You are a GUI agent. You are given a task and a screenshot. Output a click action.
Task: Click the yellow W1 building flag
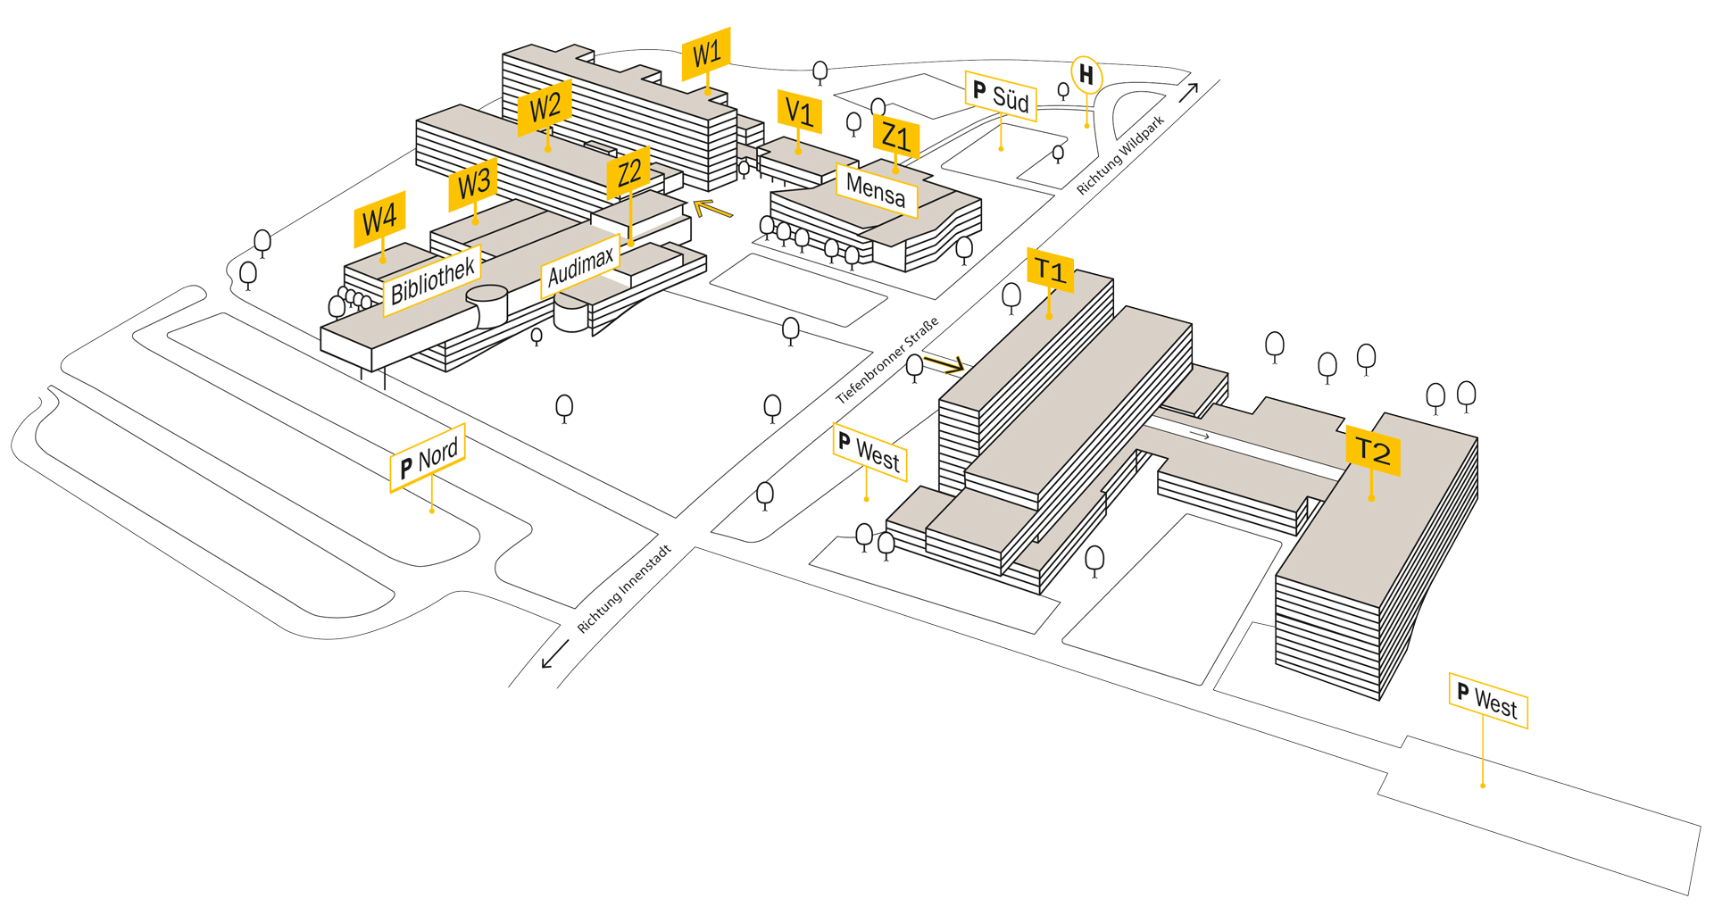(x=706, y=54)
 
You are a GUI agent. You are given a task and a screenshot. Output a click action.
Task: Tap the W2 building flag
(x=545, y=108)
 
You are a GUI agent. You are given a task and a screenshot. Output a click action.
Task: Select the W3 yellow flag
(x=473, y=184)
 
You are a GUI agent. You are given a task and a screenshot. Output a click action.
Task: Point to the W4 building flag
(x=379, y=219)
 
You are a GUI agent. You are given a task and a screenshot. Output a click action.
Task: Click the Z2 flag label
(x=628, y=172)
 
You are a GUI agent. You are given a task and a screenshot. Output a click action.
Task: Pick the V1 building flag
(x=799, y=112)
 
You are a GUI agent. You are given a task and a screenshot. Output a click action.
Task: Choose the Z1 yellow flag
(x=895, y=137)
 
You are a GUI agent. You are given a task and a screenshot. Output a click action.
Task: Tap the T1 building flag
(x=1050, y=270)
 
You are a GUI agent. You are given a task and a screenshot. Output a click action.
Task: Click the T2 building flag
(x=1372, y=451)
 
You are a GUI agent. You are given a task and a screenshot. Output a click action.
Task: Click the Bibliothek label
(x=433, y=279)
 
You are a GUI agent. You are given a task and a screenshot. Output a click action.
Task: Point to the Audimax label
(x=580, y=266)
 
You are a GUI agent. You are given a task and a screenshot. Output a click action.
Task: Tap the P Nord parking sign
(x=428, y=458)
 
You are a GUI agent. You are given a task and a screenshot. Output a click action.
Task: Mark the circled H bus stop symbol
(x=1086, y=75)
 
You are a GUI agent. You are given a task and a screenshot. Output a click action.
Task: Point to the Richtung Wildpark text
(x=1120, y=154)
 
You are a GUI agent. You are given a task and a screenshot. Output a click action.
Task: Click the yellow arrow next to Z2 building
(x=712, y=210)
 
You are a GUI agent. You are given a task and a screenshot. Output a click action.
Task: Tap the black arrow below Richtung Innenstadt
(x=554, y=654)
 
